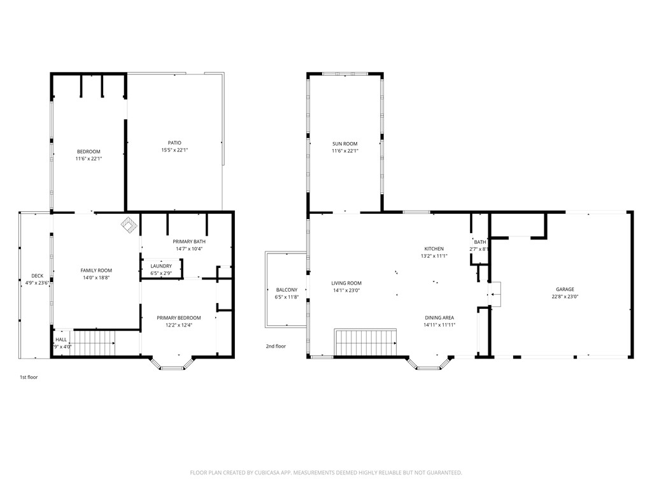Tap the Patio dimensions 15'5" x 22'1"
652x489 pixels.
coord(174,150)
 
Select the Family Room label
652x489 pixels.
coord(96,271)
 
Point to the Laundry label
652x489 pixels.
coord(161,266)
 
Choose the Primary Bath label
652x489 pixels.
coord(189,241)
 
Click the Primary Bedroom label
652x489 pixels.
coord(179,318)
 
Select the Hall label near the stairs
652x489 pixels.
coord(61,339)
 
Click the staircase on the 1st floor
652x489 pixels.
coord(95,343)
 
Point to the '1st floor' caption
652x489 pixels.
coord(29,377)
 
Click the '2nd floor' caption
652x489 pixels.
coord(276,346)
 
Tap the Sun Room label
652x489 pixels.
coord(344,143)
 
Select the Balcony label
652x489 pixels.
coord(287,290)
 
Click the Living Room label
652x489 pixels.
coord(346,283)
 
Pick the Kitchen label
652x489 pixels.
coord(434,249)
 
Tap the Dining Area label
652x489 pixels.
coord(439,317)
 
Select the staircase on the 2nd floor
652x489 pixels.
coord(365,342)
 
